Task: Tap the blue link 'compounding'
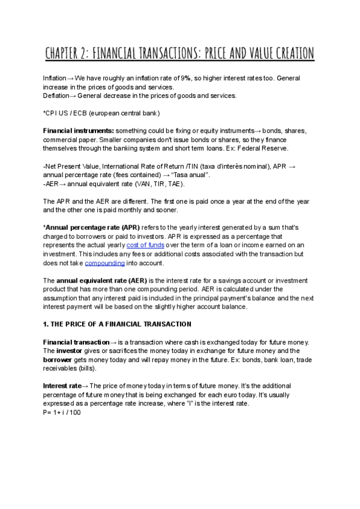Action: coord(104,263)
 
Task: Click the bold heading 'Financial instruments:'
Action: coord(78,131)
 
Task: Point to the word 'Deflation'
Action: coord(55,96)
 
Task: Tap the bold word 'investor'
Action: coord(71,350)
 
